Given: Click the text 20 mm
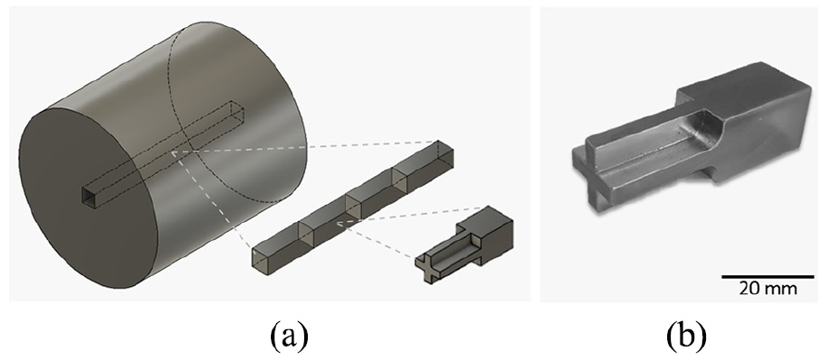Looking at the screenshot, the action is click(x=767, y=289).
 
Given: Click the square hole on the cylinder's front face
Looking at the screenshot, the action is click(x=90, y=197).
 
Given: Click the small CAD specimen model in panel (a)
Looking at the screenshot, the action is click(x=464, y=245).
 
